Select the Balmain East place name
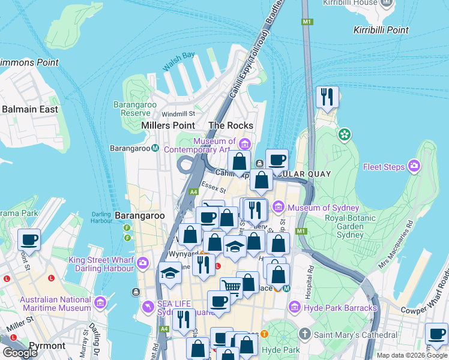30,109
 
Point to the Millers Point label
167,125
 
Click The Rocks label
231,125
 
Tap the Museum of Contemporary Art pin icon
244,144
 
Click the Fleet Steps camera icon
414,166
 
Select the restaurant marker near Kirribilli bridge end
327,97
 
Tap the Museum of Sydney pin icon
278,208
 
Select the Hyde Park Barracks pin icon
295,308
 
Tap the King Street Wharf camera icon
143,263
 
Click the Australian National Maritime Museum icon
100,304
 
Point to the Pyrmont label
47,346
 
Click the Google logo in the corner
20,352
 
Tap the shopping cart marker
231,287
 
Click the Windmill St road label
178,113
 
